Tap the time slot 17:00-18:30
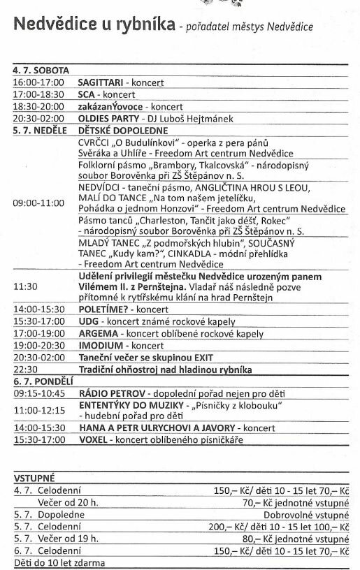pos(38,94)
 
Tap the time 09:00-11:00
pos(38,203)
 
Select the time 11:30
pos(24,286)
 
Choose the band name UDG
pos(89,320)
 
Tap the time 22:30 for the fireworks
pos(24,370)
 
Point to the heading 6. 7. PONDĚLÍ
pos(42,381)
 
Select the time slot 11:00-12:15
pos(38,411)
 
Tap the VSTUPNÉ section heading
pos(34,478)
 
